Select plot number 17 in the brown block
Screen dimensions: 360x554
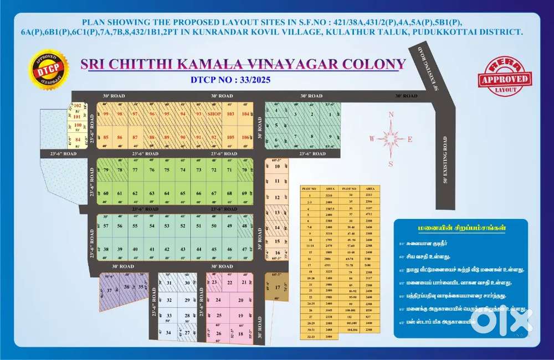coord(278,287)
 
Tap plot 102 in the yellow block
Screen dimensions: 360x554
coord(78,105)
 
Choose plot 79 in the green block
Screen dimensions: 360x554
coord(105,169)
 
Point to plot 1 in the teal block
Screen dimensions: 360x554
coord(330,115)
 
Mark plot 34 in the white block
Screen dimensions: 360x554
coord(168,333)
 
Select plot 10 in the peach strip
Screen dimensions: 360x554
coord(278,166)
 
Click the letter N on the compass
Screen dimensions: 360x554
coord(391,115)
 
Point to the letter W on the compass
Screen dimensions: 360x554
coord(372,139)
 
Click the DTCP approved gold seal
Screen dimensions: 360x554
coord(48,69)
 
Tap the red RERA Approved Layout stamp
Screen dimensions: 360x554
coord(504,78)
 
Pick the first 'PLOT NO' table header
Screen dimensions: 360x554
coord(309,189)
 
